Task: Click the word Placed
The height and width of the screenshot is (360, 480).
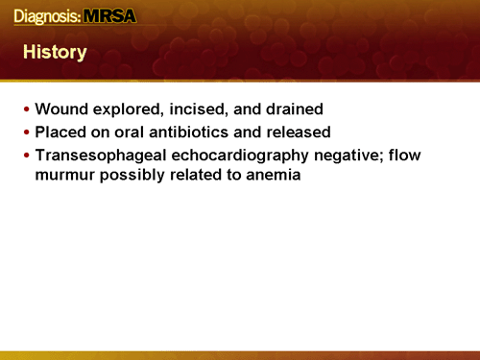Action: coord(59,132)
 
